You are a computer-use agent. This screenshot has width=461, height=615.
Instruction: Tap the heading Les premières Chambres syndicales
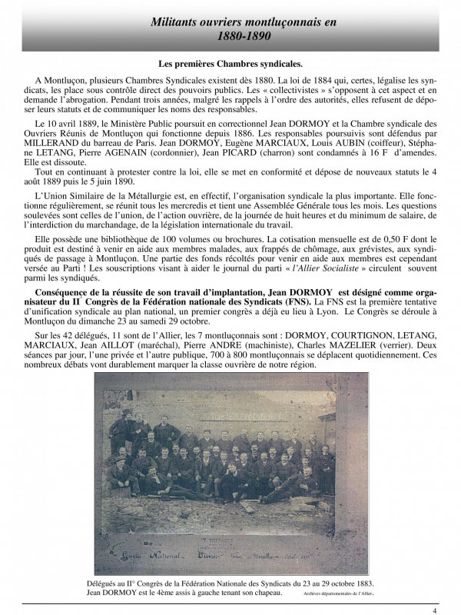click(230, 64)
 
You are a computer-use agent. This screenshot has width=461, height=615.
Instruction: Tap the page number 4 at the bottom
click(434, 610)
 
